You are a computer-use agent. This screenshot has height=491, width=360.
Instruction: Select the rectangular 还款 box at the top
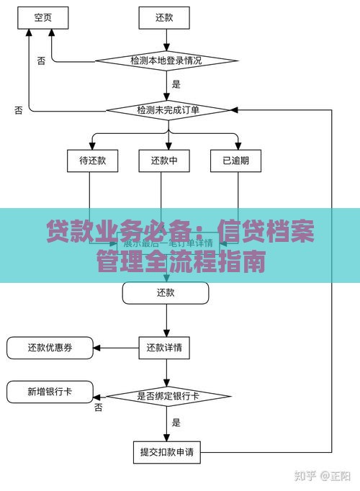click(x=164, y=16)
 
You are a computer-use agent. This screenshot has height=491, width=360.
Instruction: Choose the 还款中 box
click(x=164, y=161)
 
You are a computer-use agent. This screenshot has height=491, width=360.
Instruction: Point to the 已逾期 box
click(x=235, y=161)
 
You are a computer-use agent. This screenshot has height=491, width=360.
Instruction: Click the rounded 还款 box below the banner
click(x=165, y=292)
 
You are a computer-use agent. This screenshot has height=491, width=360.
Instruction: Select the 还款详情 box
click(x=165, y=348)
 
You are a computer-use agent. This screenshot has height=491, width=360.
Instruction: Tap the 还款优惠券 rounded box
click(x=50, y=348)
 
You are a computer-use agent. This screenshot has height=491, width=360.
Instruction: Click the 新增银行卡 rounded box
click(x=50, y=392)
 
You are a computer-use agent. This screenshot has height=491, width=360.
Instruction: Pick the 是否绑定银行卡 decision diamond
click(x=168, y=396)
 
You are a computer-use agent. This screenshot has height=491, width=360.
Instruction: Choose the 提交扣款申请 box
click(x=166, y=453)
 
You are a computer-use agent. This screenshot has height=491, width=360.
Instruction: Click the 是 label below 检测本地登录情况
click(x=176, y=84)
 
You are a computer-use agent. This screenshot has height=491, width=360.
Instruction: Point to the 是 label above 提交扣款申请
click(x=176, y=423)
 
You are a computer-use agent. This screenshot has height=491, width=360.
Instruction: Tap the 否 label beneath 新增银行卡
click(x=98, y=407)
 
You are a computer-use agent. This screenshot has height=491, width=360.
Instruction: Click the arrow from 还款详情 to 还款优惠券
click(x=115, y=348)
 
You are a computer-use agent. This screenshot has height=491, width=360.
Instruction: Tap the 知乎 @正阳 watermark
click(x=324, y=476)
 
